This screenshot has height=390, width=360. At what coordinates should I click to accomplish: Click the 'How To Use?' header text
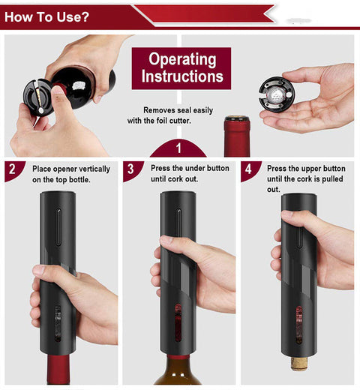pos(46,16)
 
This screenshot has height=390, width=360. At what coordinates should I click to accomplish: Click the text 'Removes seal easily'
pos(180,110)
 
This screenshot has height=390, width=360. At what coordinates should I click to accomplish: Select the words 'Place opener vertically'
pos(70,169)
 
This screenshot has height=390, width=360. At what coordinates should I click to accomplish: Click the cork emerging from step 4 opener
pos(299,365)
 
